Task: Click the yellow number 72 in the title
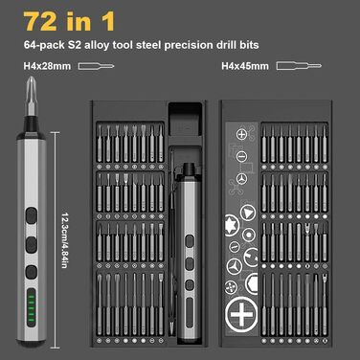(x=40, y=21)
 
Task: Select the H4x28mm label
(x=47, y=66)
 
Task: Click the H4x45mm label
(x=245, y=66)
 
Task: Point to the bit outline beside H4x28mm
(x=97, y=66)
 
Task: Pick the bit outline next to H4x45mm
(x=299, y=66)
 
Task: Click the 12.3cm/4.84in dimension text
(x=64, y=240)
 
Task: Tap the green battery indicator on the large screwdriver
(x=32, y=307)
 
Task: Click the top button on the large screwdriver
(x=32, y=215)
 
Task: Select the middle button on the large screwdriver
(x=32, y=244)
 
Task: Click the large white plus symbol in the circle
(x=241, y=315)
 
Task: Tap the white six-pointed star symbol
(x=231, y=225)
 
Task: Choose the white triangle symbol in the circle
(x=248, y=212)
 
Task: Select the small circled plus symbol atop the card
(x=241, y=134)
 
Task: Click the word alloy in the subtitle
(x=97, y=45)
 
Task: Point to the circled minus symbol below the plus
(x=241, y=156)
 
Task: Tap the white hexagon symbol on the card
(x=253, y=282)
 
